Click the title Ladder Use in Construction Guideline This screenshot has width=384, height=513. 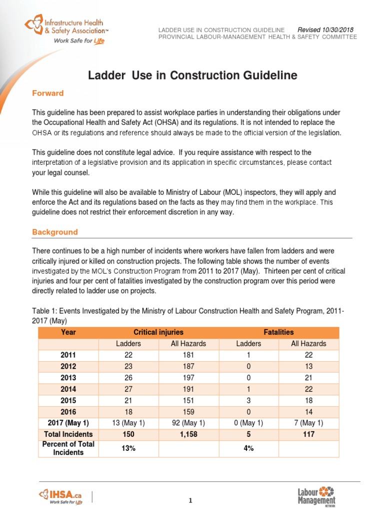point(192,76)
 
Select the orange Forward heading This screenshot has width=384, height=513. point(48,93)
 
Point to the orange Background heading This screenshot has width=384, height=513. point(55,232)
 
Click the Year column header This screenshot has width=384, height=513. point(68,332)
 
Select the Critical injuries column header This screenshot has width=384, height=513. point(158,332)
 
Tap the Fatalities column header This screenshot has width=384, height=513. point(278,332)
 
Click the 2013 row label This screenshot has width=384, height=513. point(68,377)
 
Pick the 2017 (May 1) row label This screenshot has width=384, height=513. point(68,423)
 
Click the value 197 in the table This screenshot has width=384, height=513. point(188,377)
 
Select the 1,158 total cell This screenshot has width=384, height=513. point(188,434)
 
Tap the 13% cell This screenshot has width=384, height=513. point(128,448)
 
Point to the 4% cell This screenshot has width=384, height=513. point(248,448)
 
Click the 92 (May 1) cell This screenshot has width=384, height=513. point(188,423)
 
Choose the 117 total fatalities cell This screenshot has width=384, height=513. point(308,434)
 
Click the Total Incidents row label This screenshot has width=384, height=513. point(68,434)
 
